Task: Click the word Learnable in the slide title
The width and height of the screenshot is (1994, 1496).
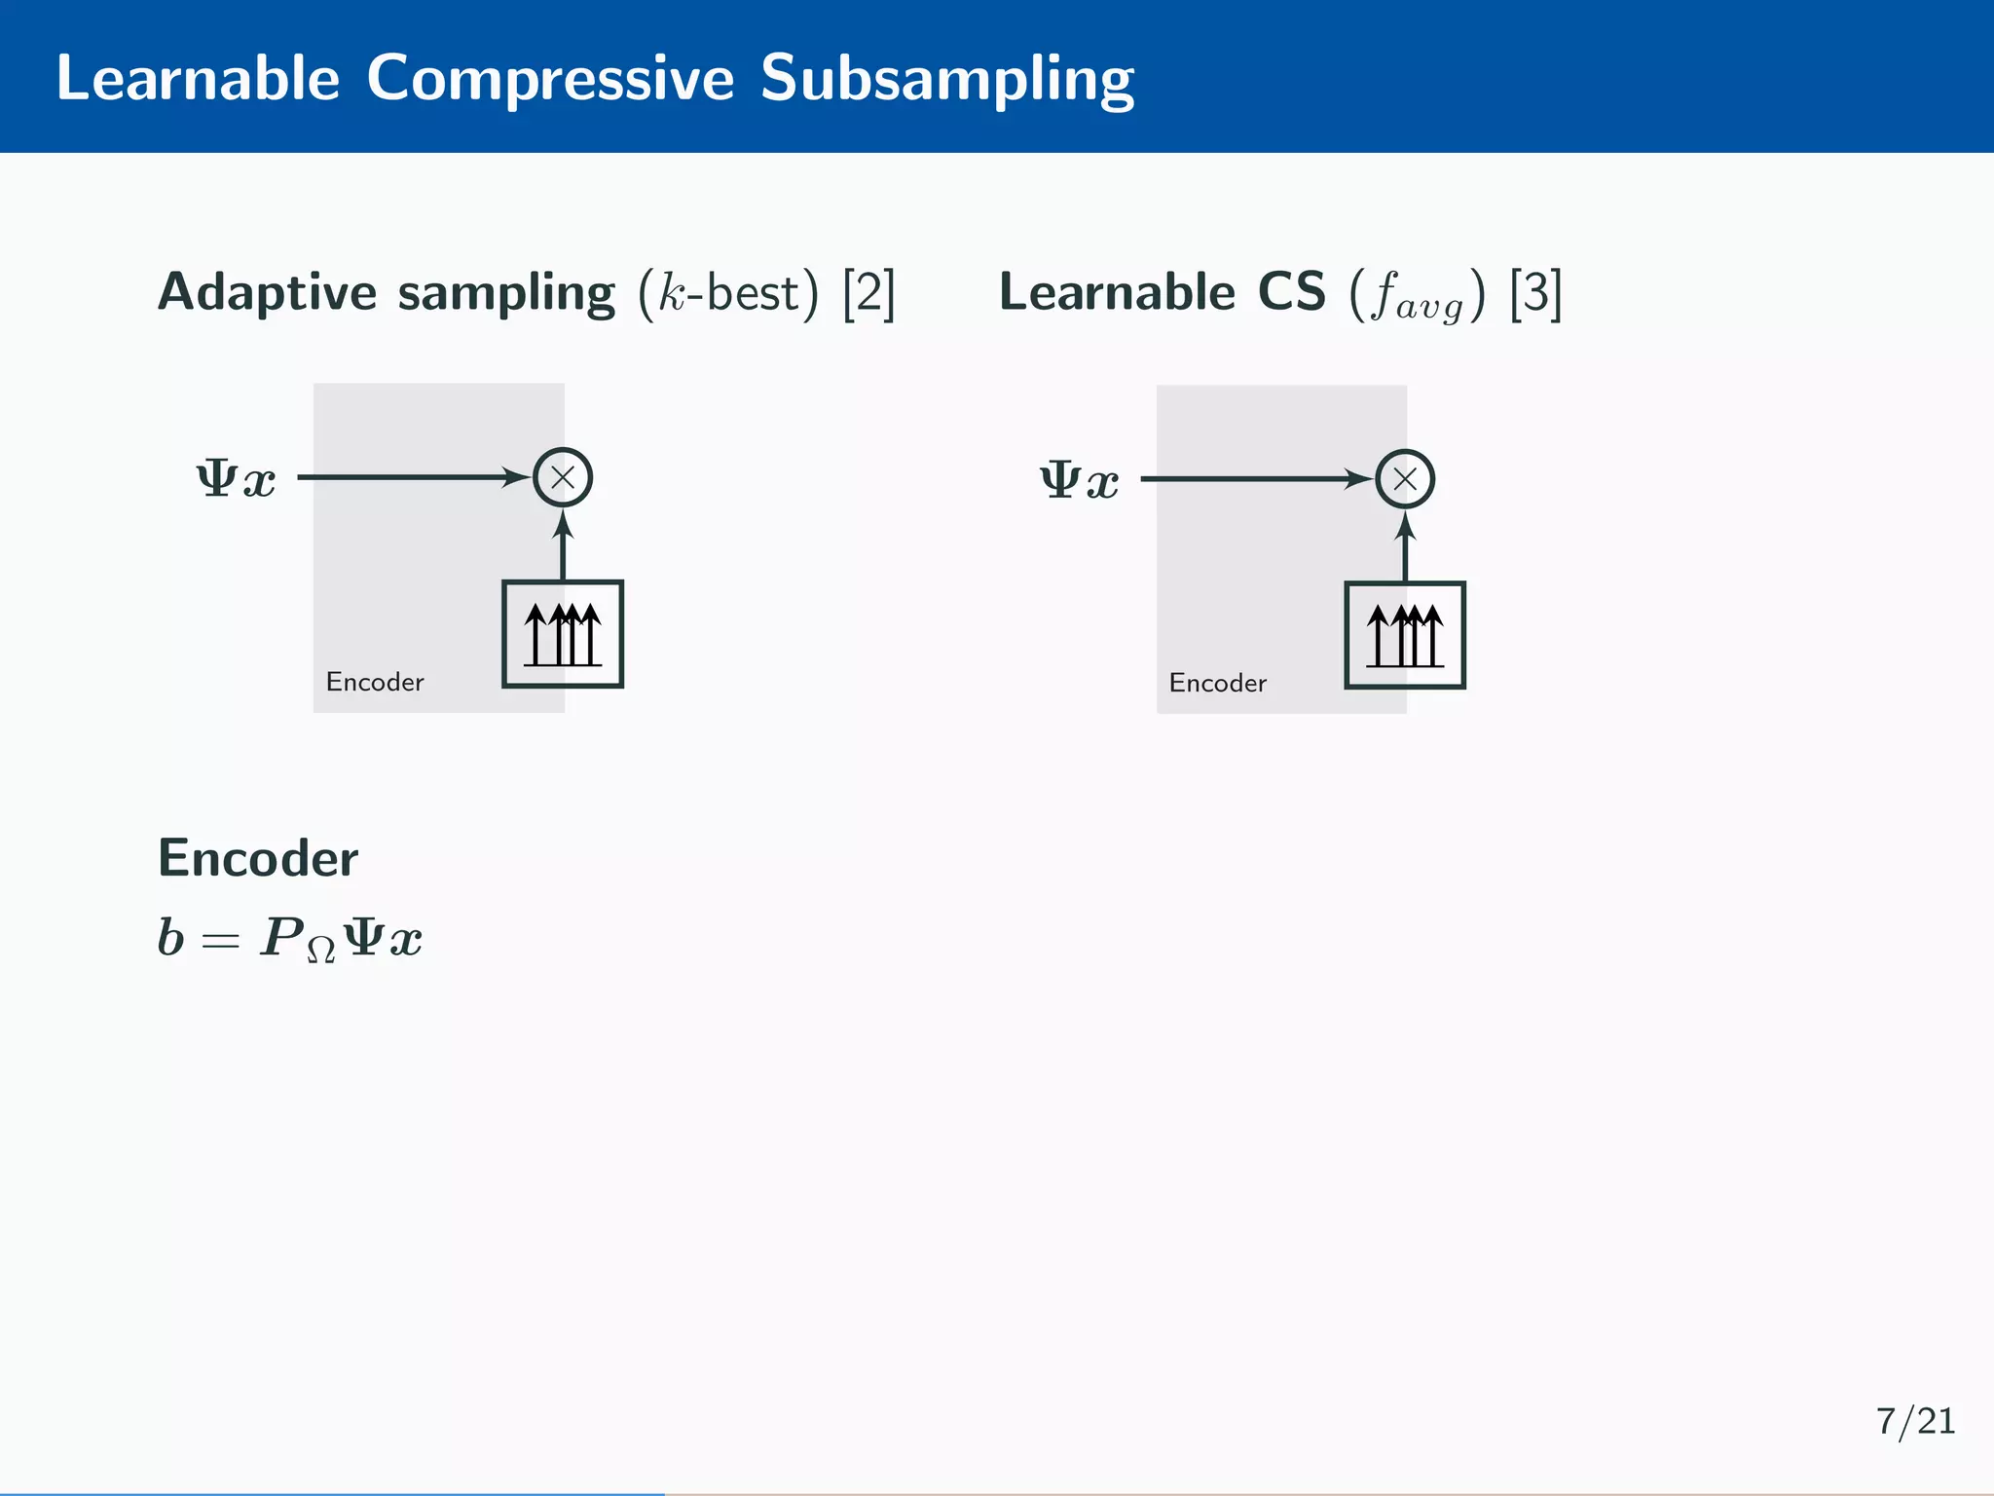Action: pos(198,78)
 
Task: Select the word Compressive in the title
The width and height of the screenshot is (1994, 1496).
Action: pos(550,78)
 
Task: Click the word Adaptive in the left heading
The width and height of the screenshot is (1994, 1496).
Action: pos(267,292)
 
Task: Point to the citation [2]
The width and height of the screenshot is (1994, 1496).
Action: pos(868,292)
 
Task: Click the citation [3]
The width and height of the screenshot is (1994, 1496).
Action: pos(1535,292)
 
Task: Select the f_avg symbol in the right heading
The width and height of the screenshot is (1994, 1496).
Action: pos(1418,296)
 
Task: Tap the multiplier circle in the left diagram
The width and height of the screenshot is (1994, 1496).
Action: pos(563,477)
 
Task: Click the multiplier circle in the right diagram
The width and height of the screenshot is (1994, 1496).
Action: pos(1405,479)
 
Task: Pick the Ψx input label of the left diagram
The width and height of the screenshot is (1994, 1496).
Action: pos(237,479)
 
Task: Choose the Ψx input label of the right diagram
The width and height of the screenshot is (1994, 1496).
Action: pos(1080,481)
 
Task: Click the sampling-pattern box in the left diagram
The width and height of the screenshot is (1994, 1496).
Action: pos(563,634)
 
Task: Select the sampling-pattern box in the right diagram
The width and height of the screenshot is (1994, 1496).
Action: pos(1405,636)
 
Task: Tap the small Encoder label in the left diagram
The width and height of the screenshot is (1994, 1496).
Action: pos(375,682)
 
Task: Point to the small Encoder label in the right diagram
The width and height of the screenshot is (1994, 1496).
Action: pos(1218,684)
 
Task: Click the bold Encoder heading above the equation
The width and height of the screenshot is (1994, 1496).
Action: pos(258,858)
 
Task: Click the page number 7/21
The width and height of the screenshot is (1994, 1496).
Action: pos(1915,1422)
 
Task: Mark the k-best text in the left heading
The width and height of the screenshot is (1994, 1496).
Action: pos(730,292)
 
